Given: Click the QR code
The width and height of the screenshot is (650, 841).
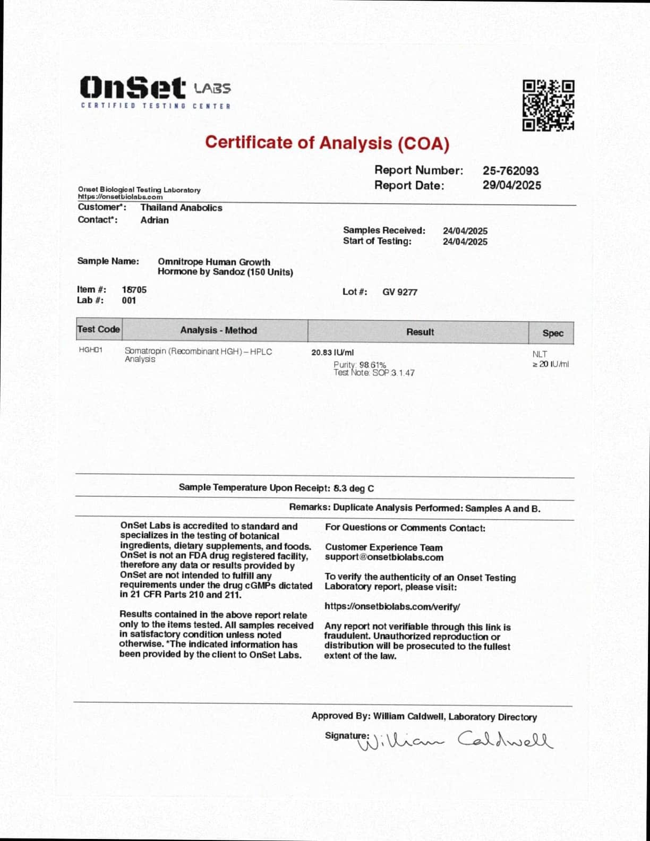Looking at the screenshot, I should pos(548,105).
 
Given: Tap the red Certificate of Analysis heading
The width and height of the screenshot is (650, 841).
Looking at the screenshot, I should pos(327,143).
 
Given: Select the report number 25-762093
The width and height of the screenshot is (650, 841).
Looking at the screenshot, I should pos(510,171).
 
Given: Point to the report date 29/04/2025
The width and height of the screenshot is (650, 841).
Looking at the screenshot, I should pos(511,185).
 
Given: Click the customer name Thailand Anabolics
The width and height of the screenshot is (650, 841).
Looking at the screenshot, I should pos(181,208).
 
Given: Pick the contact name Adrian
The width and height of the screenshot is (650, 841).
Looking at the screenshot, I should pos(155,220).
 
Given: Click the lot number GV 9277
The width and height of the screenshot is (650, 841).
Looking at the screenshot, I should pos(399,292).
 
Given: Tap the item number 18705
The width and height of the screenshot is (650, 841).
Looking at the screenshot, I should pos(134,290).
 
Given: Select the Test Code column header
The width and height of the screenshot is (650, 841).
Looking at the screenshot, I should pos(99,329).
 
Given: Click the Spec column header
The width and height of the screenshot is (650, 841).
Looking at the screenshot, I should pos(552,333).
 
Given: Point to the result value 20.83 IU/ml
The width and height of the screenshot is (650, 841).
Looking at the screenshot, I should pos(332,353).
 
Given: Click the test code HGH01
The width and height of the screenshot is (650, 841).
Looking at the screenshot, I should pos(90,350).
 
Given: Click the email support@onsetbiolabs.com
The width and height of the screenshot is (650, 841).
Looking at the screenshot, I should pos(384,557).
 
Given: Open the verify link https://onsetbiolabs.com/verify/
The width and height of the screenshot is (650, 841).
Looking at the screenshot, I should pos(392,606).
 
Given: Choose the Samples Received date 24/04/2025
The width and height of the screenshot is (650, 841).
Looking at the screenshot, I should pos(465,231).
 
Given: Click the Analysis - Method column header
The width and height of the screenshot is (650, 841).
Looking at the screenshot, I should pos(218,330).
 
